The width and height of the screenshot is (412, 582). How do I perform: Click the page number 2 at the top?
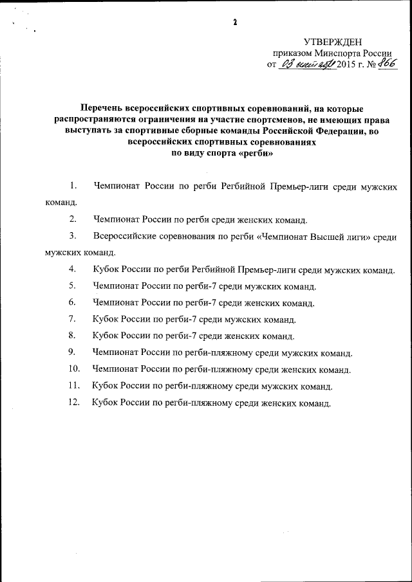click(236, 23)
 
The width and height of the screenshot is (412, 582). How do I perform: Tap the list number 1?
click(73, 186)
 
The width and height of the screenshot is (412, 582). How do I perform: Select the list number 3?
click(73, 236)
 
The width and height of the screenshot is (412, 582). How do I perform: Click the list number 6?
click(73, 302)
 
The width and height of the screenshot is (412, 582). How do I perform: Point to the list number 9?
click(73, 352)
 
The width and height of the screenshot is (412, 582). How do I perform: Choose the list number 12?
click(73, 403)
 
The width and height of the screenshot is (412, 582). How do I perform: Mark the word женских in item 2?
click(240, 219)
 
